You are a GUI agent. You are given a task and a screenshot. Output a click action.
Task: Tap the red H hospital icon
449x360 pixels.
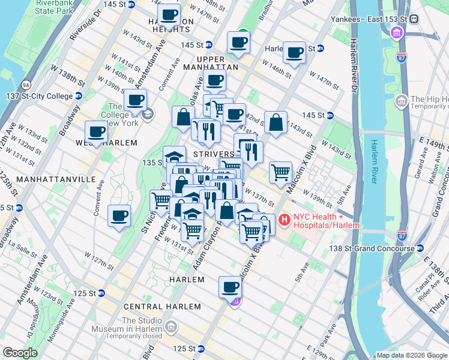(x=283, y=221)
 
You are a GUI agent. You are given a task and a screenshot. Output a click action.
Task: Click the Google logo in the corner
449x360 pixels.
(x=20, y=352)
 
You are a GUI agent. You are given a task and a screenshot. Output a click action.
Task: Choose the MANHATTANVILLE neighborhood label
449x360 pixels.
(x=47, y=179)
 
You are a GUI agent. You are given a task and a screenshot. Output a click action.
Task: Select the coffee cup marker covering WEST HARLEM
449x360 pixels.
(x=96, y=132)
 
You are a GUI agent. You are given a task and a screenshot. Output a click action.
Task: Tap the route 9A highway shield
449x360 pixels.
(x=26, y=85)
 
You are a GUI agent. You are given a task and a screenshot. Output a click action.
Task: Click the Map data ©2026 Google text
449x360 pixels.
(x=411, y=355)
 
